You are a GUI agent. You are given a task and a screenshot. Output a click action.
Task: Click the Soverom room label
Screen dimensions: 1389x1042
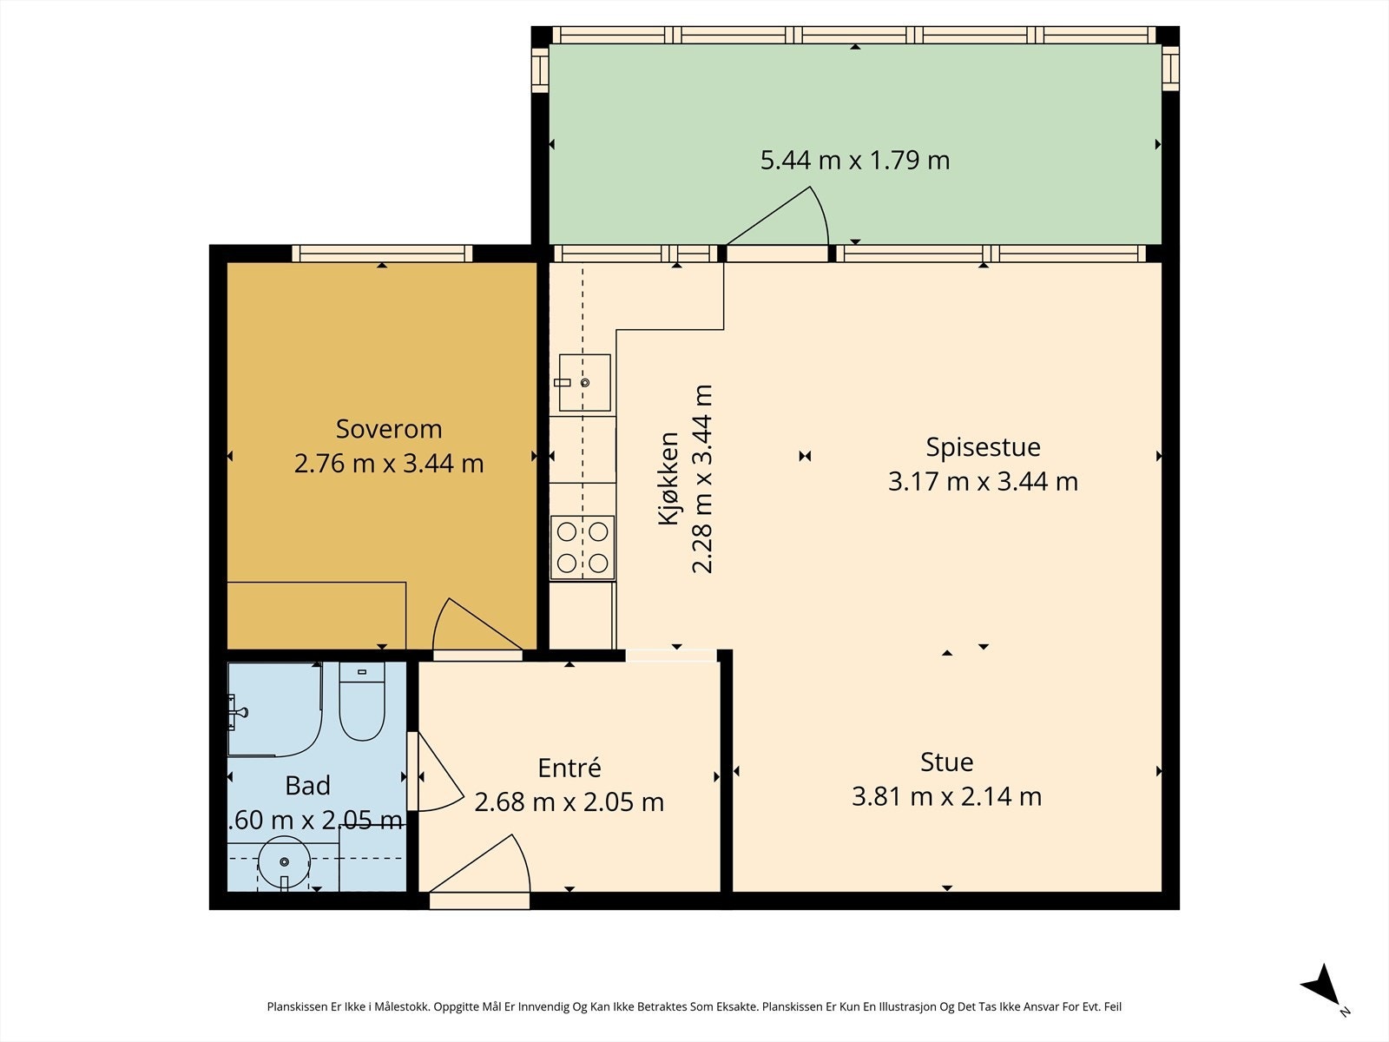(x=389, y=429)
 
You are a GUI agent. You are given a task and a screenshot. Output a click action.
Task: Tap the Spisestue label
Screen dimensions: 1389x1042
(x=983, y=447)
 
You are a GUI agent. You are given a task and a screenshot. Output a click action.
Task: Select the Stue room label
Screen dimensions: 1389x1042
(x=946, y=762)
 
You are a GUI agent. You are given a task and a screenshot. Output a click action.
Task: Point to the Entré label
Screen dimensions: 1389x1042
(x=569, y=768)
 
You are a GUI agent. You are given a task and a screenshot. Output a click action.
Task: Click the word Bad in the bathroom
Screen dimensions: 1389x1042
(x=307, y=786)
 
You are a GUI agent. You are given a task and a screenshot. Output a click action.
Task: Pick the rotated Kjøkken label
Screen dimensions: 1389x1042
(x=668, y=478)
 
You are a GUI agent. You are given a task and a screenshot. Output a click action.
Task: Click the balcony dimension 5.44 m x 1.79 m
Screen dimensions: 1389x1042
(x=855, y=160)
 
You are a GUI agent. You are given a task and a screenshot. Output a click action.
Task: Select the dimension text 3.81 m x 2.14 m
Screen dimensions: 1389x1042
(x=946, y=796)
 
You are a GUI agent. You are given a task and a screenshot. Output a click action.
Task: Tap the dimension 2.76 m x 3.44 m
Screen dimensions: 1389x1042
(x=389, y=464)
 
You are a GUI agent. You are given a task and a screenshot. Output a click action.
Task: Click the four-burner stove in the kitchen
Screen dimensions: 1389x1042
(x=583, y=548)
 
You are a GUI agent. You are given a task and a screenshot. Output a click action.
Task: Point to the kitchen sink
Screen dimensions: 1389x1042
(x=585, y=383)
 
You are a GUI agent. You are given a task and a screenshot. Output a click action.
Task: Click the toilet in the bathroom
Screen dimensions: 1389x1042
(x=362, y=702)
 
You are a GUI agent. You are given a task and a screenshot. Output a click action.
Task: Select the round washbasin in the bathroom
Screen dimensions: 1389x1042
(x=284, y=861)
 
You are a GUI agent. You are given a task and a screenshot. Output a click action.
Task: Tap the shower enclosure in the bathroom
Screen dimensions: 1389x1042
(x=275, y=709)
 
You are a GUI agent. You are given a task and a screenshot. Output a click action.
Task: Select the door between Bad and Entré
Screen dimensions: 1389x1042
(x=437, y=772)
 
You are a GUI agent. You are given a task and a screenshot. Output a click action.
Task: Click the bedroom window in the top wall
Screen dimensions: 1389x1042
(x=382, y=254)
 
